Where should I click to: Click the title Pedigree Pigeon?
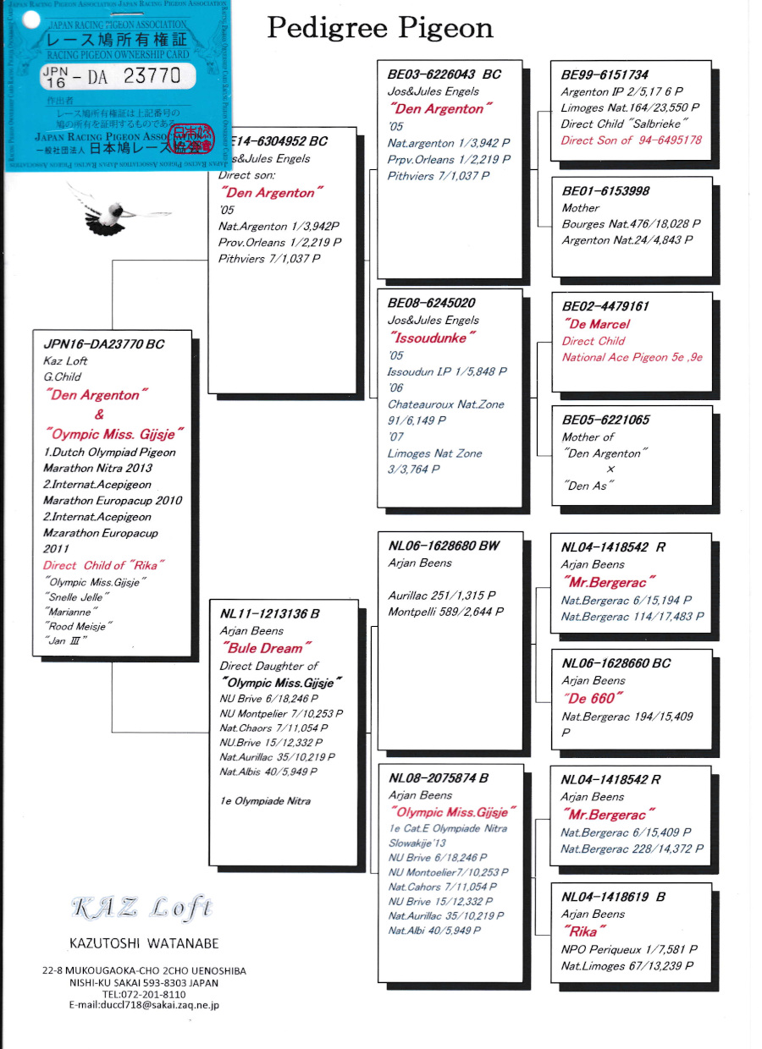[x=380, y=28]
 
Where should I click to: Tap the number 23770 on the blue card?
[x=152, y=75]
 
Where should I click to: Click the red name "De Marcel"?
[x=596, y=324]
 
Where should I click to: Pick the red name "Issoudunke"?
[x=432, y=338]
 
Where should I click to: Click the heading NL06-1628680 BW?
[x=444, y=546]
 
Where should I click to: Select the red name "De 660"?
[x=593, y=698]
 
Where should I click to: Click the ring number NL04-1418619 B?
[x=613, y=897]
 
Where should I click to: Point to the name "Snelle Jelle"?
[x=73, y=597]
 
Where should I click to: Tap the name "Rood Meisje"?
[x=78, y=626]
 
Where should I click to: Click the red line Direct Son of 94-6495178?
[x=631, y=140]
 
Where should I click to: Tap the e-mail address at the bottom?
[x=144, y=1005]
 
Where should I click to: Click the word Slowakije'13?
[x=417, y=843]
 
